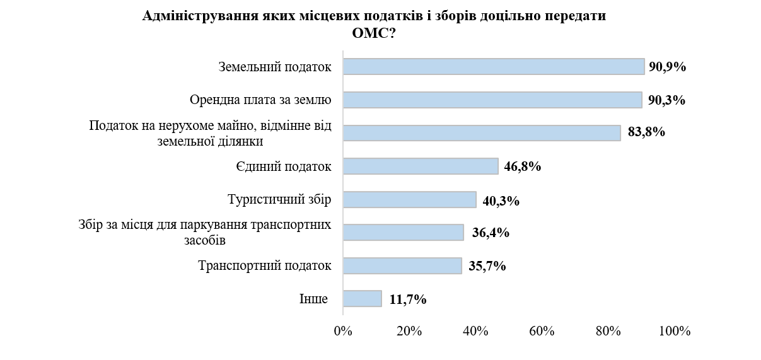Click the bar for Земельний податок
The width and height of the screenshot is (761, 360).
click(494, 67)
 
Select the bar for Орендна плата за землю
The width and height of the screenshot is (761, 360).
click(492, 100)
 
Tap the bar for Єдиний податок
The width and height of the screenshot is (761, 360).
click(421, 166)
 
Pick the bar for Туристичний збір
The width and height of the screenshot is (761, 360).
click(410, 200)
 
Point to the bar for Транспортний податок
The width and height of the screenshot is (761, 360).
click(402, 266)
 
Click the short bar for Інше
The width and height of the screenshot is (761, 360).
click(363, 299)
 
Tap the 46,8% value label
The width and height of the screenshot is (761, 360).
click(523, 167)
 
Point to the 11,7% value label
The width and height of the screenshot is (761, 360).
click(407, 299)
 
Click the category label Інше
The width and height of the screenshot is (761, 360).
click(313, 299)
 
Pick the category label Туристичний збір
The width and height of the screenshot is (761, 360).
click(279, 200)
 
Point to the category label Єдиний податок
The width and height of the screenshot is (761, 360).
click(284, 166)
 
